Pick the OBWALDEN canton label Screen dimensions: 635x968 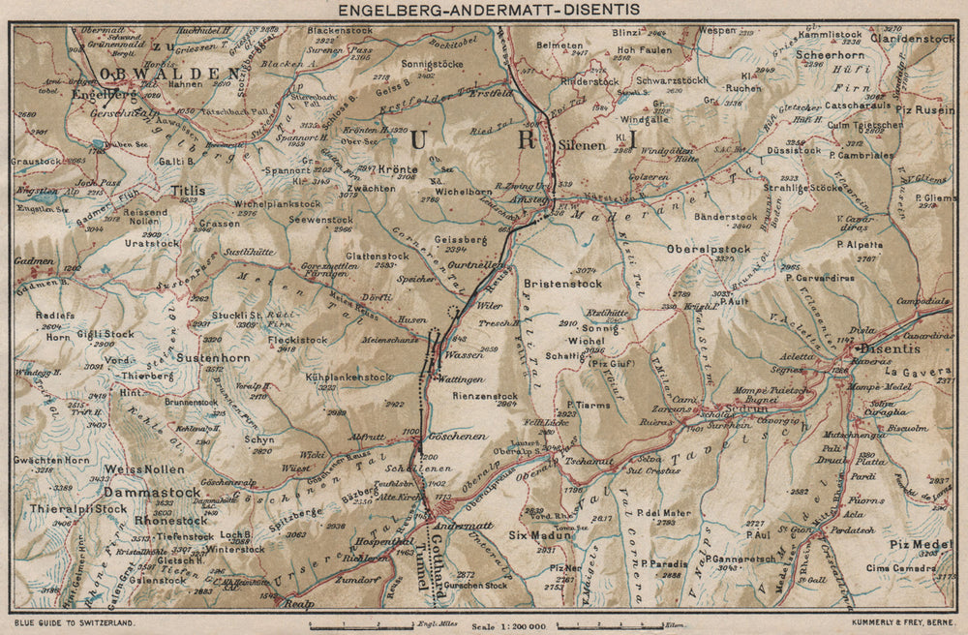164,73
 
